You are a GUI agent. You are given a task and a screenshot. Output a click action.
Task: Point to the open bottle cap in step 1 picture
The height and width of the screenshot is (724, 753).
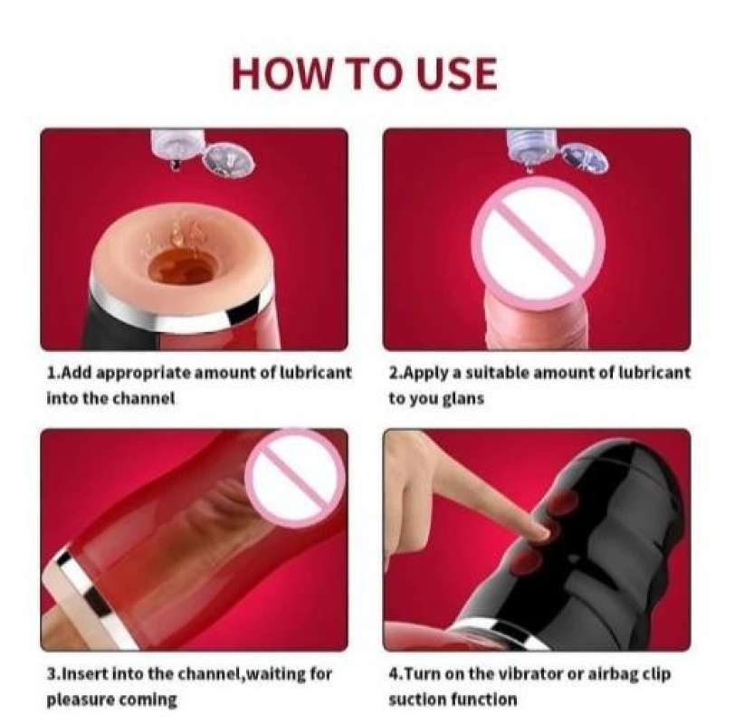coord(228,158)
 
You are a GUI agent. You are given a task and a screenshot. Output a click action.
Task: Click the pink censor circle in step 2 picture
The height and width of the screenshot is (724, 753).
coord(538,241)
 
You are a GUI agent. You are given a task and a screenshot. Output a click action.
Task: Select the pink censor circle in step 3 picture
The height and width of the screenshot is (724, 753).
coord(295,478)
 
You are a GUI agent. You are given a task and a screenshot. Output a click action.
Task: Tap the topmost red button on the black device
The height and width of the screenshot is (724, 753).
coord(562,502)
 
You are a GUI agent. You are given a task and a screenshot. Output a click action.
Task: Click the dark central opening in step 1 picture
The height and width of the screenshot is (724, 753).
coord(183,269)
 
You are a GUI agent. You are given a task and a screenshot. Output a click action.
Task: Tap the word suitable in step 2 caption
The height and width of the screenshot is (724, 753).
coord(497,373)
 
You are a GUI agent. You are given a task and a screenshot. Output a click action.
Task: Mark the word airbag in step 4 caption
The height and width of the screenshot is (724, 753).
coord(610,675)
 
